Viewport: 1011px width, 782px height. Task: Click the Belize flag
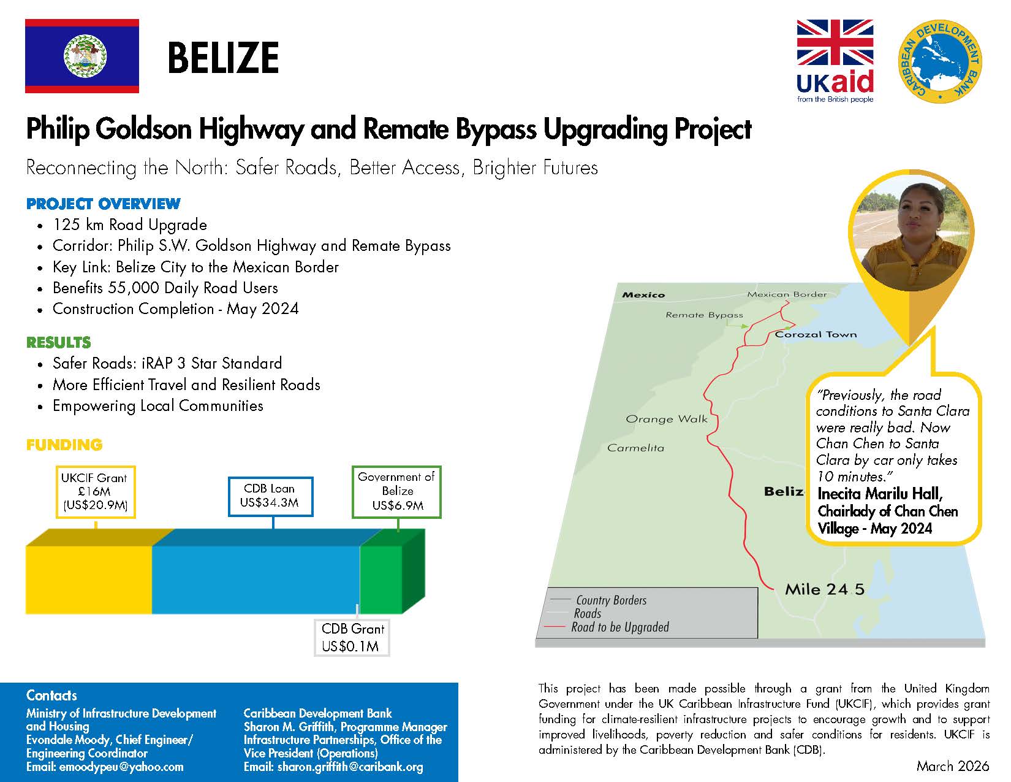pos(81,56)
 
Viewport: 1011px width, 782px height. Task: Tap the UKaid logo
pos(835,61)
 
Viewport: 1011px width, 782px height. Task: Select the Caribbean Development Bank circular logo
pos(939,59)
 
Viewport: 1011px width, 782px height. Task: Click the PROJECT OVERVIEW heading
pos(103,204)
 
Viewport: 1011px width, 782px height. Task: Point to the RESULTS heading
pos(58,342)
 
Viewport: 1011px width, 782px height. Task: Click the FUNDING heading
pos(64,445)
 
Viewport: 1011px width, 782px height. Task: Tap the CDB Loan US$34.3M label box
pos(270,496)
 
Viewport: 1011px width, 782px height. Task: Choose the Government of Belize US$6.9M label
pos(396,491)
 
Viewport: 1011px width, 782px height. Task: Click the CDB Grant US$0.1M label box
pos(352,638)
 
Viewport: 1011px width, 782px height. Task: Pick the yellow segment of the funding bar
pos(89,579)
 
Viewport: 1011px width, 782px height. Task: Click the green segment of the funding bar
pos(383,578)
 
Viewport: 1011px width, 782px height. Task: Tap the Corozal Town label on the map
pos(816,334)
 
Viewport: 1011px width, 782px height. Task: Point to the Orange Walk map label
pos(666,420)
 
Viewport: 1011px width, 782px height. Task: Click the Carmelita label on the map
pos(635,448)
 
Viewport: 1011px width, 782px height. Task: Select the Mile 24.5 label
pos(824,589)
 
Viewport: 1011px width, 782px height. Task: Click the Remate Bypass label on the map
pos(704,315)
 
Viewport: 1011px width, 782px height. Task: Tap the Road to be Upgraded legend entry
pos(619,627)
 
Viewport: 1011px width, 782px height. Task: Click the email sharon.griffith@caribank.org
pos(349,767)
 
